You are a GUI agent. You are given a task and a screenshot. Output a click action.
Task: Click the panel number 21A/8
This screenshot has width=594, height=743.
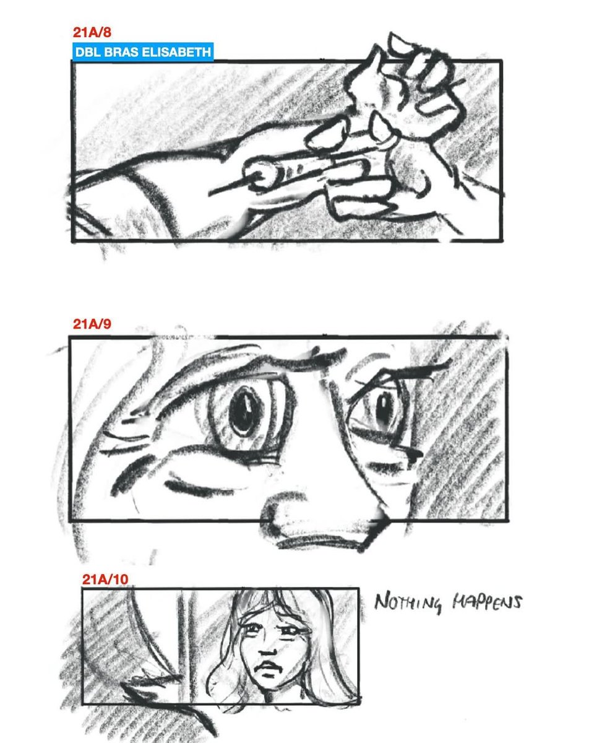pyautogui.click(x=92, y=32)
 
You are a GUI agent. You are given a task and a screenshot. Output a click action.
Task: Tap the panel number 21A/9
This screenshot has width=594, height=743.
pyautogui.click(x=92, y=324)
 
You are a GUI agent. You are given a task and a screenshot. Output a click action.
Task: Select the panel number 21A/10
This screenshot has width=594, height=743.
pyautogui.click(x=105, y=579)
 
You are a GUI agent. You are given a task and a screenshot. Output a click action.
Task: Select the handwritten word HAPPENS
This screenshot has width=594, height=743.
pyautogui.click(x=487, y=602)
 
